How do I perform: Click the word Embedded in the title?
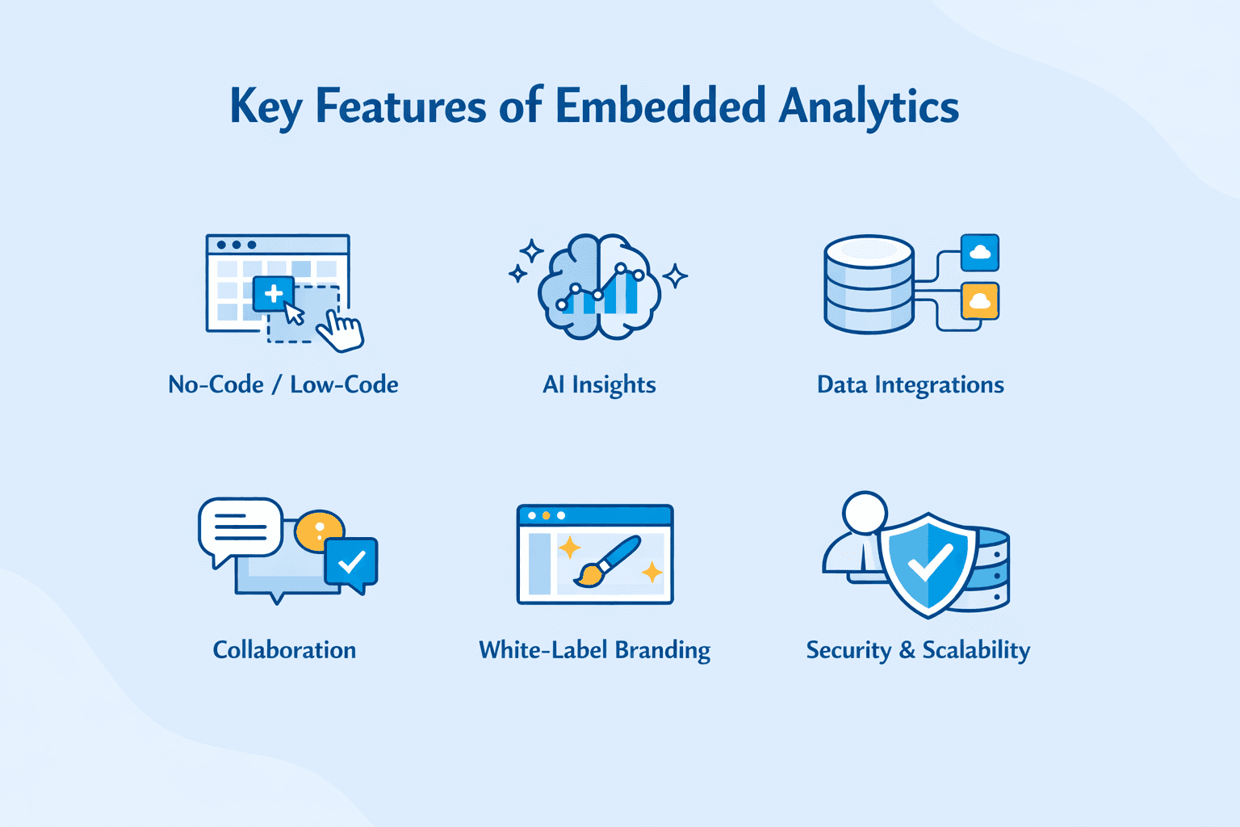660,106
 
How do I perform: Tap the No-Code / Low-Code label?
283,384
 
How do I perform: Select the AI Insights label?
599,385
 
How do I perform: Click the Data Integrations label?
910,385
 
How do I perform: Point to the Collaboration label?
284,650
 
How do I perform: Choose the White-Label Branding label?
594,650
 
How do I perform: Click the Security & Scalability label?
918,650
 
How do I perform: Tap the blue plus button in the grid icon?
274,293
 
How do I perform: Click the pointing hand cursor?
341,332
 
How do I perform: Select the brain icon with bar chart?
600,286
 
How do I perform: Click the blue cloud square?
980,253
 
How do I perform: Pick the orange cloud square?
980,301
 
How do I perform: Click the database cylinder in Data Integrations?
869,284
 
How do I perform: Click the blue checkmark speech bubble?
351,562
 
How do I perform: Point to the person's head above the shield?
865,512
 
